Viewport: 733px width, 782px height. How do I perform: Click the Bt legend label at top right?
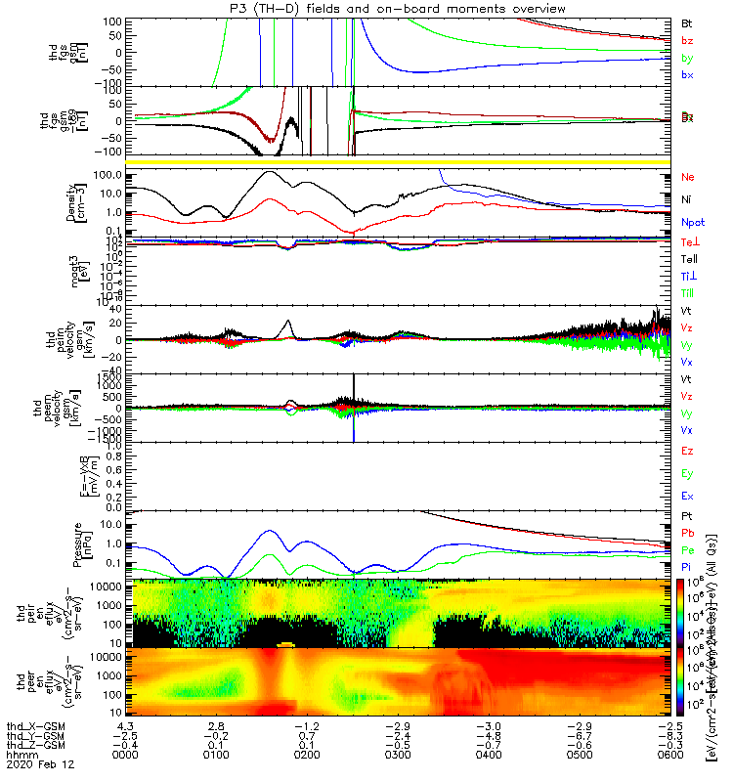(x=686, y=22)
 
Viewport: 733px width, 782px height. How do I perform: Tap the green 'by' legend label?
(x=687, y=58)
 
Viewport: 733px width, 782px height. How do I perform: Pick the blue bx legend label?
(x=687, y=75)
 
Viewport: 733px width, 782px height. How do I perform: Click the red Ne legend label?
(x=687, y=178)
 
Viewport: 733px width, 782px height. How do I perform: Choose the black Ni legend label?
(x=686, y=199)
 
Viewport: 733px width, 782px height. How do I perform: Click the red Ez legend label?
(x=687, y=451)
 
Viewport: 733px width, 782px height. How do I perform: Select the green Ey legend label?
(x=687, y=474)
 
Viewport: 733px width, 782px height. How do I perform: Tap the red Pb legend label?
(x=687, y=533)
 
